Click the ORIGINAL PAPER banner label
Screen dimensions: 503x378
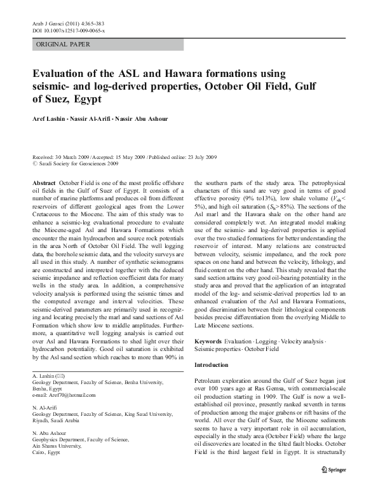coord(63,45)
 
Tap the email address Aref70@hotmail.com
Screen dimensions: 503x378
coord(71,396)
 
